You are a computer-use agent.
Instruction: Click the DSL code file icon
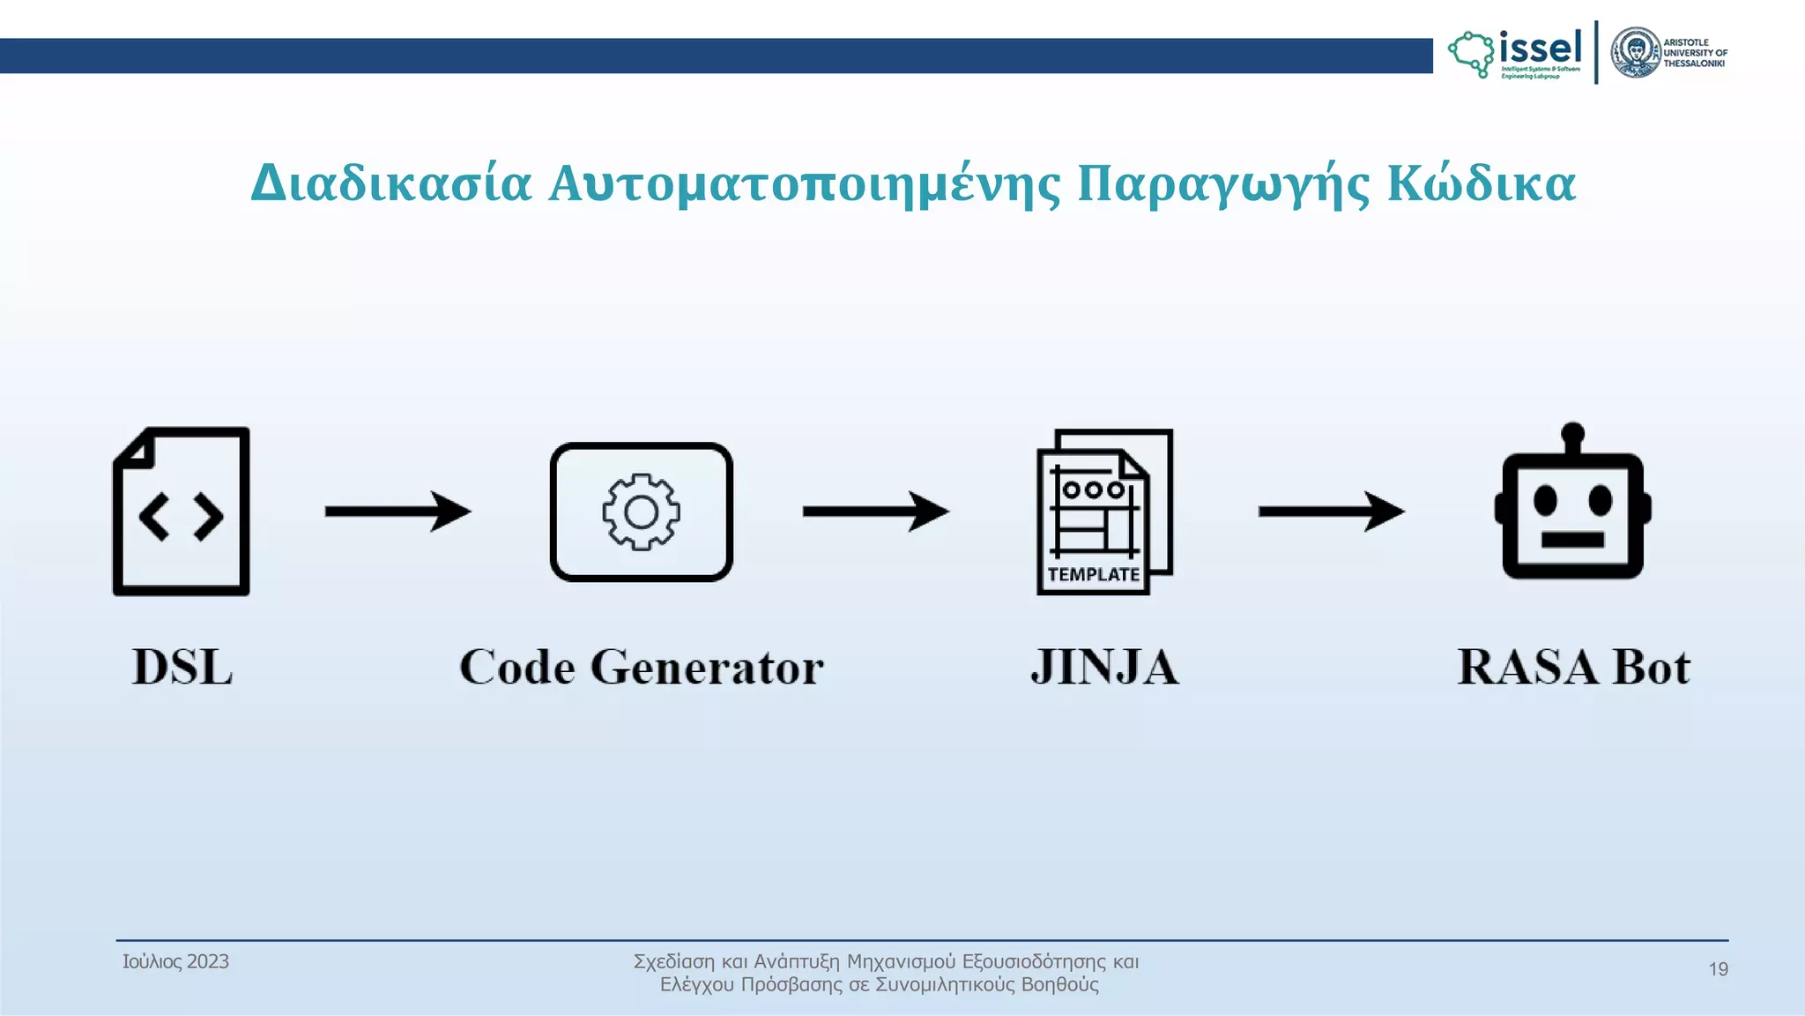(x=182, y=512)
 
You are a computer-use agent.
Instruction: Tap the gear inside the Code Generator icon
(x=641, y=512)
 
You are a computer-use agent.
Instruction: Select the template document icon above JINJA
(x=1104, y=512)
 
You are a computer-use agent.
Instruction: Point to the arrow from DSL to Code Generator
(x=397, y=512)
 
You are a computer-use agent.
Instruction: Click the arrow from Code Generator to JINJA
(x=875, y=512)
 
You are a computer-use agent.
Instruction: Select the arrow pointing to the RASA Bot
(x=1331, y=512)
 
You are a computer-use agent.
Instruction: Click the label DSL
(x=182, y=667)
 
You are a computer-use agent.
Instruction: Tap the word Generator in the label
(x=706, y=667)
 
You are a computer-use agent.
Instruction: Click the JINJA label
(x=1104, y=667)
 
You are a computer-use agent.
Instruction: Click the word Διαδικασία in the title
(x=391, y=183)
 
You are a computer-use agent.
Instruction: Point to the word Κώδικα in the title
(x=1481, y=183)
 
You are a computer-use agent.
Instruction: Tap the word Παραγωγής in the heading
(x=1223, y=183)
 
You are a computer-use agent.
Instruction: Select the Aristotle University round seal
(x=1635, y=52)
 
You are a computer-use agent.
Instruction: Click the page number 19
(x=1718, y=969)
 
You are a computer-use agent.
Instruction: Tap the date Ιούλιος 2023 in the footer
(x=175, y=961)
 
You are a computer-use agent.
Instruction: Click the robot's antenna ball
(x=1572, y=433)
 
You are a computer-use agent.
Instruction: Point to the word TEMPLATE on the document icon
(x=1093, y=574)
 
